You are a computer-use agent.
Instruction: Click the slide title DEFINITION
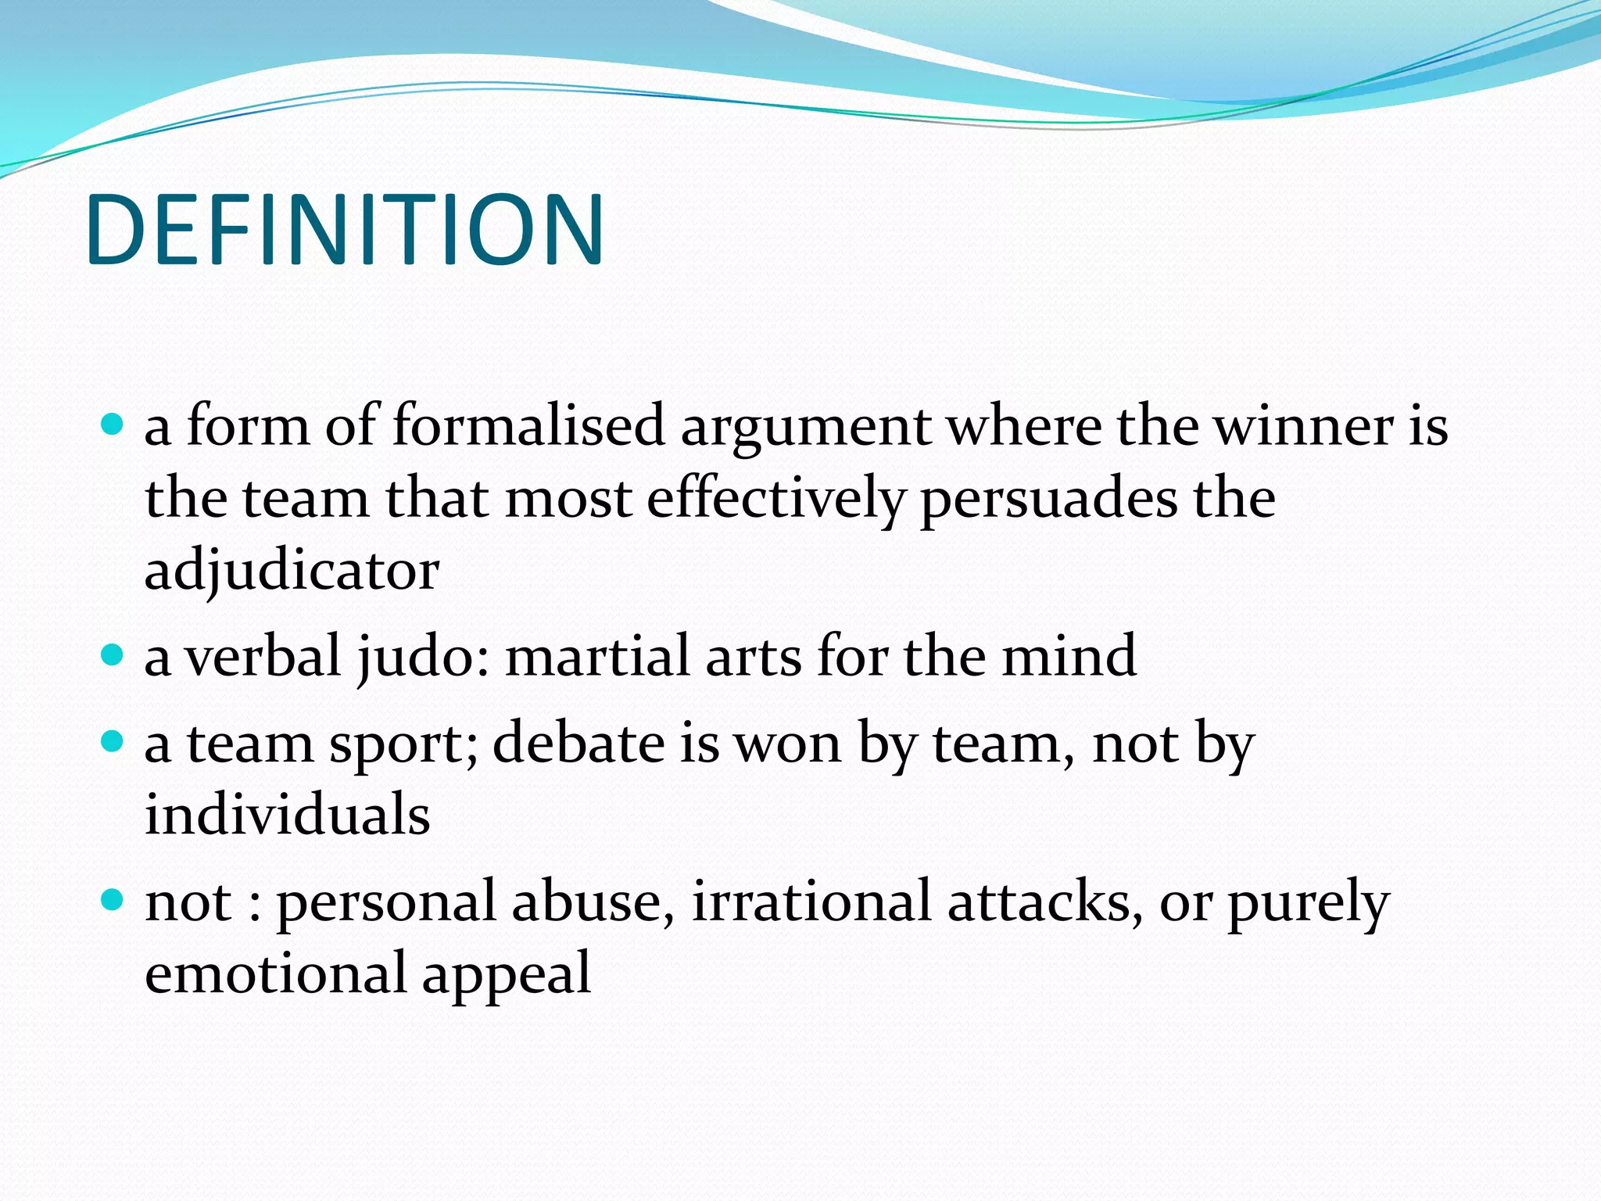pyautogui.click(x=345, y=230)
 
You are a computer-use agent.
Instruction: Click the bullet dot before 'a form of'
pyautogui.click(x=113, y=425)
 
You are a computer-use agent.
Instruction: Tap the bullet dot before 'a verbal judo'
pyautogui.click(x=113, y=654)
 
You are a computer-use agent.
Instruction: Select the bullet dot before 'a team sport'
pyautogui.click(x=113, y=741)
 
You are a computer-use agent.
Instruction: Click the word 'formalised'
pyautogui.click(x=528, y=426)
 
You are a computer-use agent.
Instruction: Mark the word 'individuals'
pyautogui.click(x=288, y=814)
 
